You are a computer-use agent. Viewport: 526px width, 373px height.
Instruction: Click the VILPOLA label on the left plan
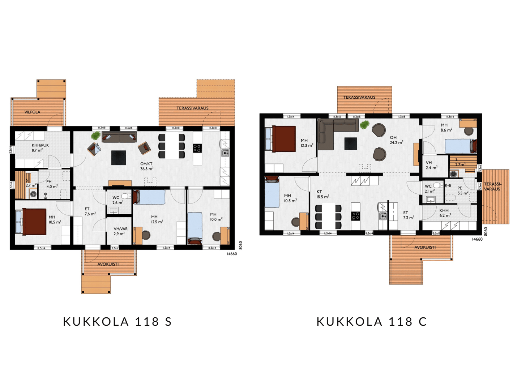coord(32,112)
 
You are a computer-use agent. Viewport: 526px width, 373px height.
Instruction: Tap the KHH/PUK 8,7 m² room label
coord(40,147)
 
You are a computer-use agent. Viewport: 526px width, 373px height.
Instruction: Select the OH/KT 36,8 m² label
coord(146,166)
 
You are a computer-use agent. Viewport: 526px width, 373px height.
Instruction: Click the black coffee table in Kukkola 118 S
coord(119,158)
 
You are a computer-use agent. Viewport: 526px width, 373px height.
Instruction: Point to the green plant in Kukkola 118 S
coord(95,136)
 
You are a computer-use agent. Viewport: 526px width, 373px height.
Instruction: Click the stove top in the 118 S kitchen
coord(197,148)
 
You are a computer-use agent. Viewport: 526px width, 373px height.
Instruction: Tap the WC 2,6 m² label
coord(117,200)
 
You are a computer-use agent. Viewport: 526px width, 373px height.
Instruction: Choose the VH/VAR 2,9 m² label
coord(120,231)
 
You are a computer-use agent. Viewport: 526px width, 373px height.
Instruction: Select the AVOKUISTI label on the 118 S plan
coord(108,264)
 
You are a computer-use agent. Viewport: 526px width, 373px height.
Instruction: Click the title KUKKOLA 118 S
coord(117,321)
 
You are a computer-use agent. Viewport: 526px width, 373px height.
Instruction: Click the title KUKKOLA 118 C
coord(372,321)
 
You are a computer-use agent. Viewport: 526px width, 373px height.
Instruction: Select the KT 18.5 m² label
coord(322,194)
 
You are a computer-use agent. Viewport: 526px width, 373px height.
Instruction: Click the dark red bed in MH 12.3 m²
coord(284,139)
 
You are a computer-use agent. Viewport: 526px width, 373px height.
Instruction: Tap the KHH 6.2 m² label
coord(445,213)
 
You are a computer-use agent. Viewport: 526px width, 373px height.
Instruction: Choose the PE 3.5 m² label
coord(462,190)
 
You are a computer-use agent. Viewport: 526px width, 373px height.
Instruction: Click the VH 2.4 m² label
coord(431,165)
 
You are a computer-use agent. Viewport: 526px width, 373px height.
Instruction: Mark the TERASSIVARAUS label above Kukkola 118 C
coord(359,97)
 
